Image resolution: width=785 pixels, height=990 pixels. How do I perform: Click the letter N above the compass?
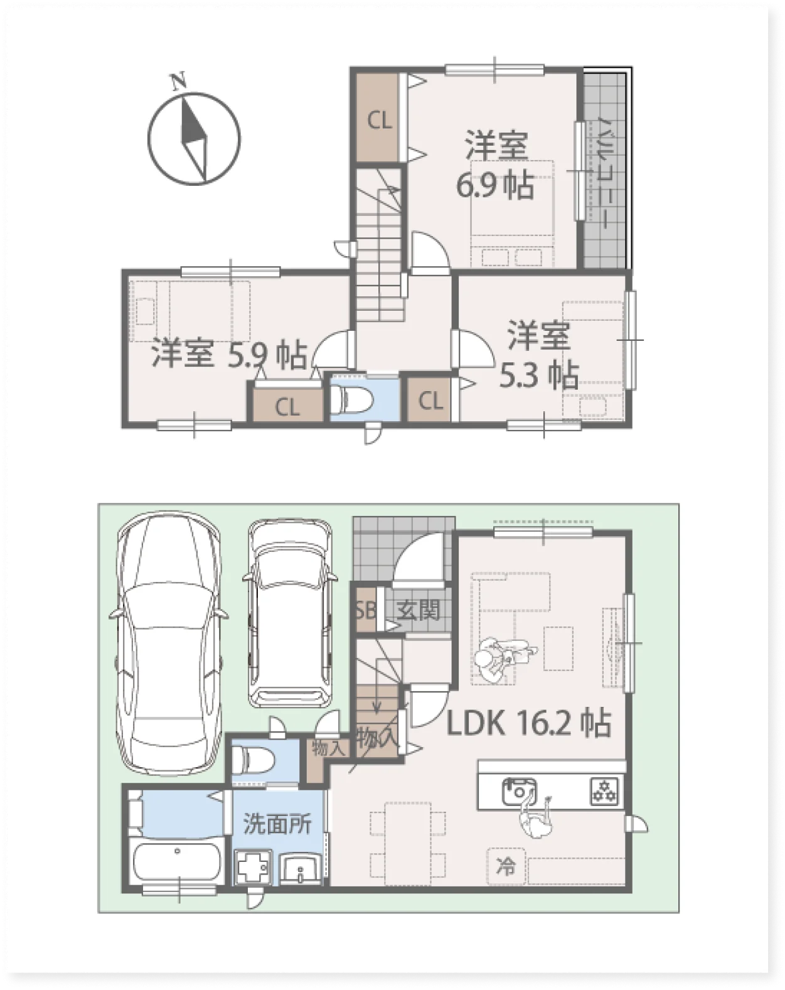pos(179,81)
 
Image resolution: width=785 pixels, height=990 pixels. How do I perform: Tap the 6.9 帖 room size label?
pos(495,185)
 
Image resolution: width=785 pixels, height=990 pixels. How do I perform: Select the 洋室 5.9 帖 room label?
pos(229,354)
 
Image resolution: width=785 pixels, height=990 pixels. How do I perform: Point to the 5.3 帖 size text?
pos(538,375)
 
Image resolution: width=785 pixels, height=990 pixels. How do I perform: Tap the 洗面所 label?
pos(277,824)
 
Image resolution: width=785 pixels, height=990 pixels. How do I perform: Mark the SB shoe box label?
pos(366,611)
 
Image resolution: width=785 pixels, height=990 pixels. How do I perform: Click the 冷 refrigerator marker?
pos(505,867)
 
